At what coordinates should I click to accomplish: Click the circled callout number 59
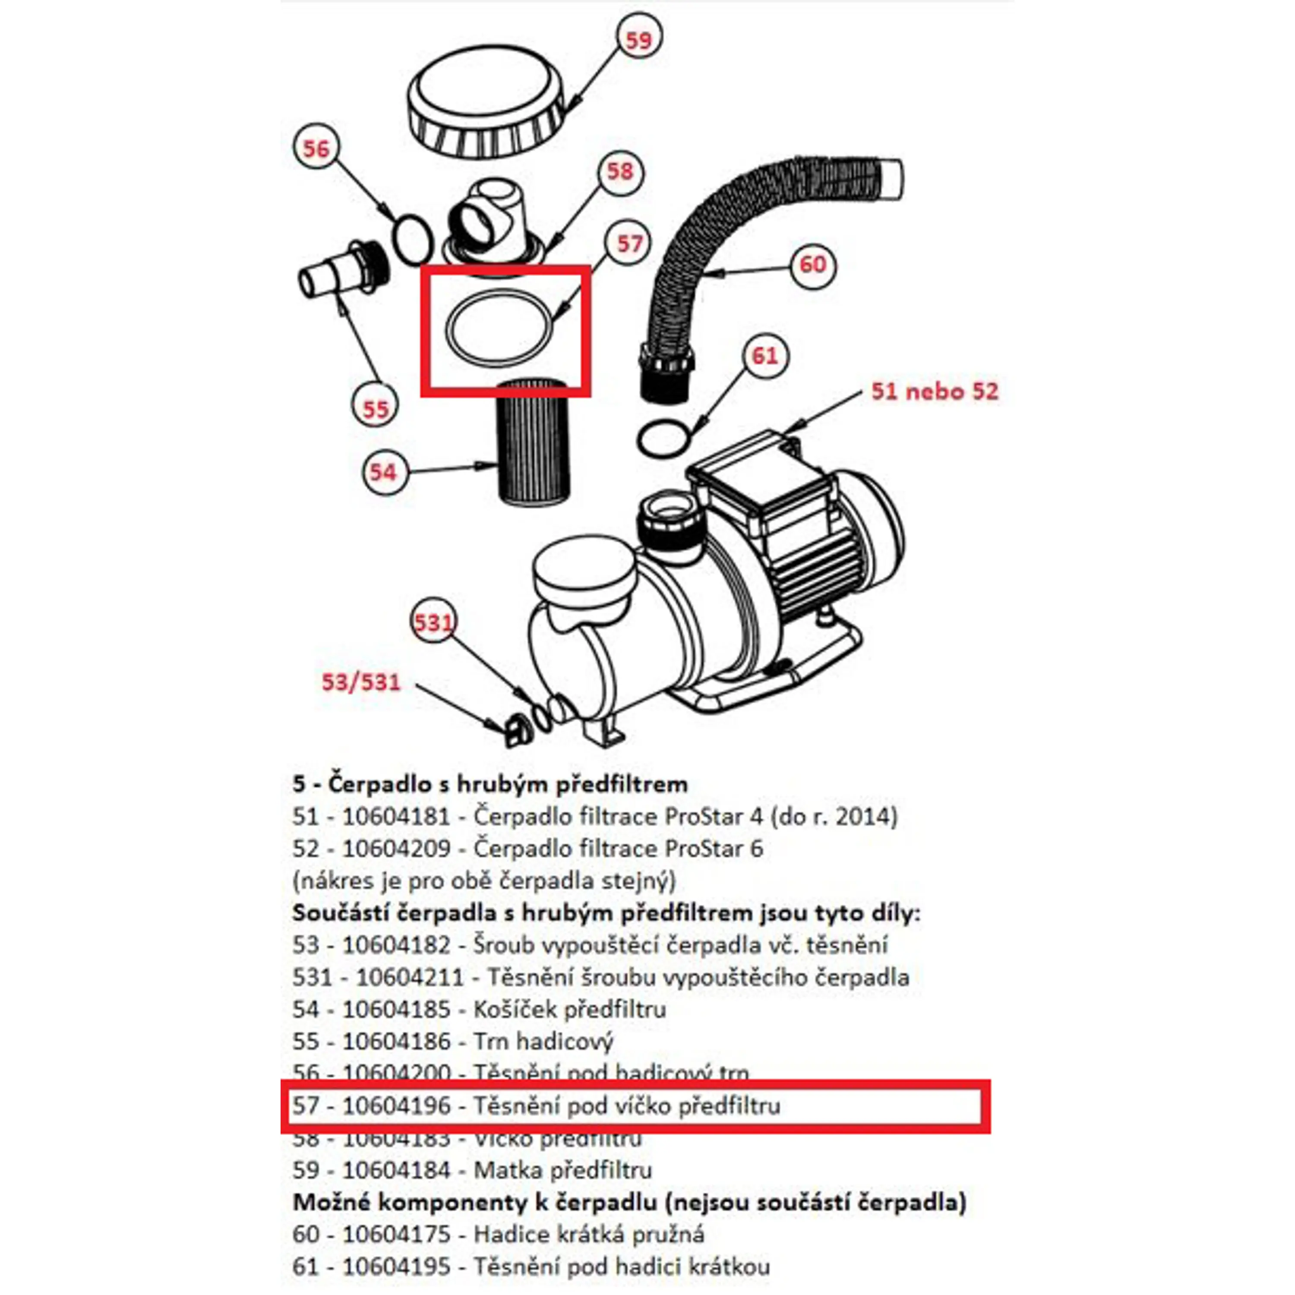638,40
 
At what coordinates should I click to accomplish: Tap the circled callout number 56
316,148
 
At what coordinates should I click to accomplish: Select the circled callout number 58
619,172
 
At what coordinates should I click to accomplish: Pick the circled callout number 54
383,472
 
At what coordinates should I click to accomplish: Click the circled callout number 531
433,623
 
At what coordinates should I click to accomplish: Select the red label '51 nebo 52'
935,392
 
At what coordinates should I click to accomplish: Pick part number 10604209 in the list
396,849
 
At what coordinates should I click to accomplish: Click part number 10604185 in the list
396,1010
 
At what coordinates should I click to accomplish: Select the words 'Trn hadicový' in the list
543,1042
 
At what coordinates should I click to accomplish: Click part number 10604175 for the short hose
396,1235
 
